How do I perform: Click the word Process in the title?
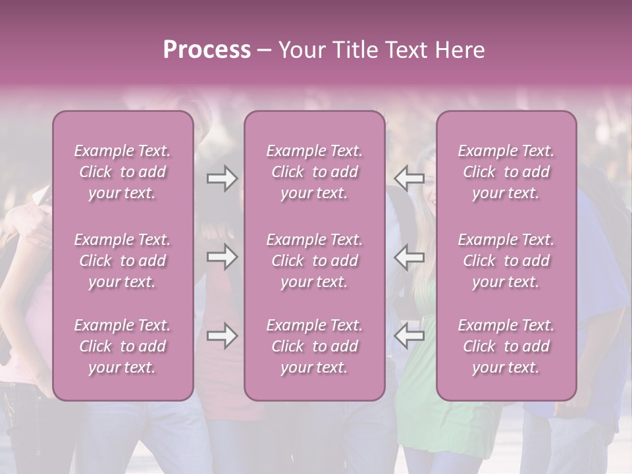(207, 50)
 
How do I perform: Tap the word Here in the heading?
(460, 50)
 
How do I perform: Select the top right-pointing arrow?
(222, 178)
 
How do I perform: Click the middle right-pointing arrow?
(222, 257)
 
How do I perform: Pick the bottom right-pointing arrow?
(222, 336)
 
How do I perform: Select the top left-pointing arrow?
(409, 178)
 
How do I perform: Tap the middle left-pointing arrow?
(409, 257)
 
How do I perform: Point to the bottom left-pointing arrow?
(409, 336)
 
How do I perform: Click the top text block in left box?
(122, 172)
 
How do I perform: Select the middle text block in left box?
(122, 261)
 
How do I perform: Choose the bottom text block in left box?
(122, 346)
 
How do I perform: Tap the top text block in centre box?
(315, 172)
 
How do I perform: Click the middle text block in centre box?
(315, 261)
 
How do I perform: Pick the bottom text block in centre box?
(315, 346)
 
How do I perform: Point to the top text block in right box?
(506, 172)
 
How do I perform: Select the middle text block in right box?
(506, 261)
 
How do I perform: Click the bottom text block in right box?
(506, 346)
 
